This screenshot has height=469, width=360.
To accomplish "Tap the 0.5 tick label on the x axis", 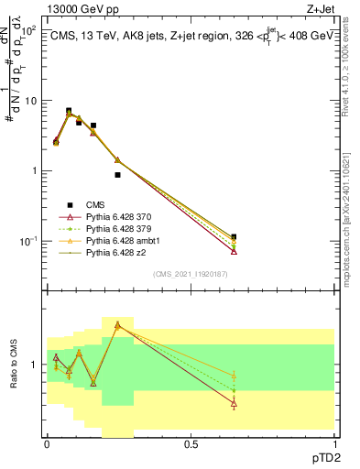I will [x=191, y=443].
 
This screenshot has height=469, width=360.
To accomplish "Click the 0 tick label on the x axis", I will [x=47, y=443].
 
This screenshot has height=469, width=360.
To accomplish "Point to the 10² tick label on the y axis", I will [x=28, y=30].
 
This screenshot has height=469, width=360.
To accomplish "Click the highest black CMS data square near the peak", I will [x=69, y=111].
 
